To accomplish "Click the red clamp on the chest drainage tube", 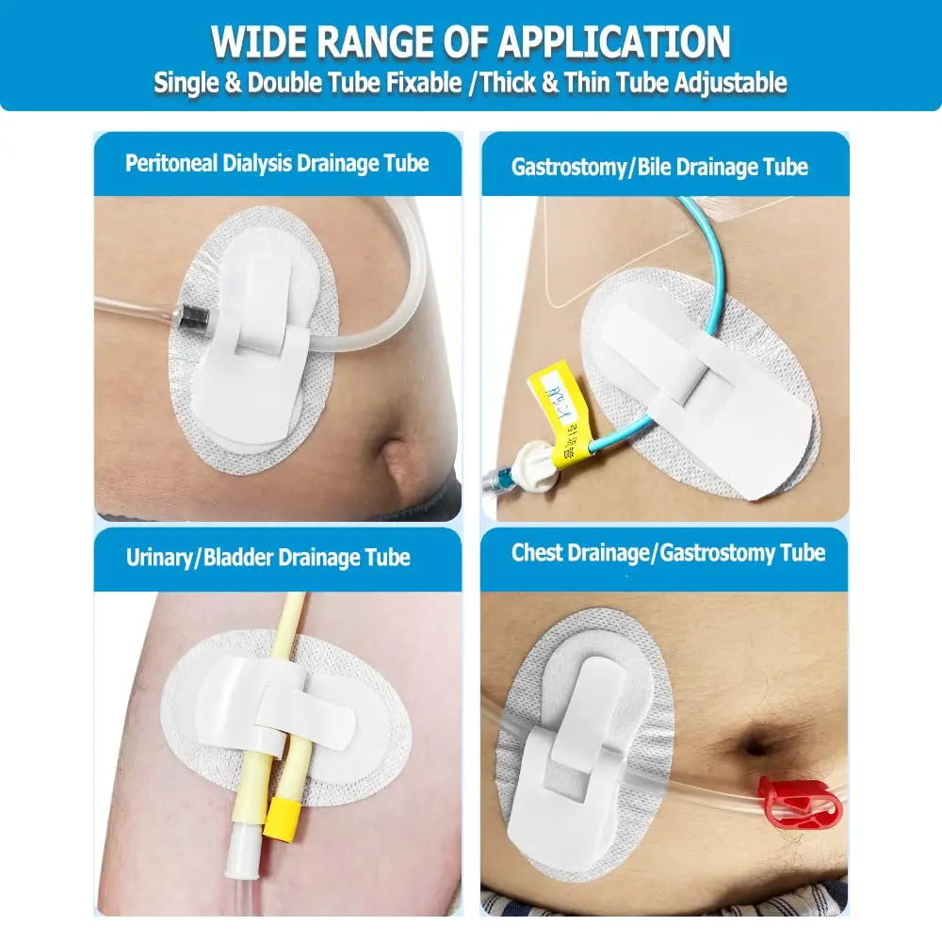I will pos(789,797).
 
